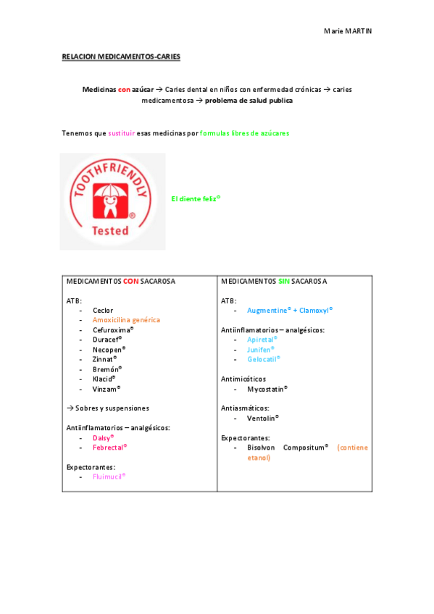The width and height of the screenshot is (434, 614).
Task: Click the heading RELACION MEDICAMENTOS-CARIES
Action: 121,56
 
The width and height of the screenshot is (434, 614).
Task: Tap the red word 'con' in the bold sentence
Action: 124,89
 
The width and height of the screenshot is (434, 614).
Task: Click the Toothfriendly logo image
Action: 112,201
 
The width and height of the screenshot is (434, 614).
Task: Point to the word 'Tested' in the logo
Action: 110,231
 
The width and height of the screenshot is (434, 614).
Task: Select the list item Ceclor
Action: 103,311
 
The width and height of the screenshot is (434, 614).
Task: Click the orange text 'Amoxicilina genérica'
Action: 126,320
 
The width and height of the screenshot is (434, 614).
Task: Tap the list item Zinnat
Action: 104,358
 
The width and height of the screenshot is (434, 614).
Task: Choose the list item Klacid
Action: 104,378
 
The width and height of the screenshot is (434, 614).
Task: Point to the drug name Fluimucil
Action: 109,476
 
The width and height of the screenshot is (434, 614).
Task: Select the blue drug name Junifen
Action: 260,349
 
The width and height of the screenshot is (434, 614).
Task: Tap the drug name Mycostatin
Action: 267,388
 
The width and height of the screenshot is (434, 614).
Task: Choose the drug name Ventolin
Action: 262,418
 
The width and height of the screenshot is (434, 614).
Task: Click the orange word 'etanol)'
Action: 259,458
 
